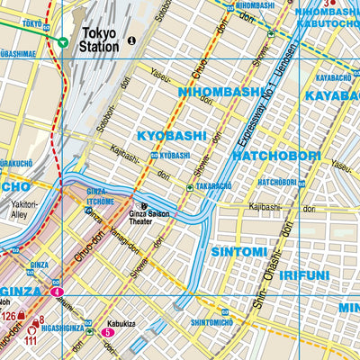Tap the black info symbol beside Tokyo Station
pyautogui.click(x=131, y=40)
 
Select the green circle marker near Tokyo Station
pyautogui.click(x=61, y=41)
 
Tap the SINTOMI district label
pyautogui.click(x=238, y=252)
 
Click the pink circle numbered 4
pyautogui.click(x=58, y=292)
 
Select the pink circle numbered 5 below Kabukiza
pyautogui.click(x=107, y=332)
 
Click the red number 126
pyautogui.click(x=8, y=316)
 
